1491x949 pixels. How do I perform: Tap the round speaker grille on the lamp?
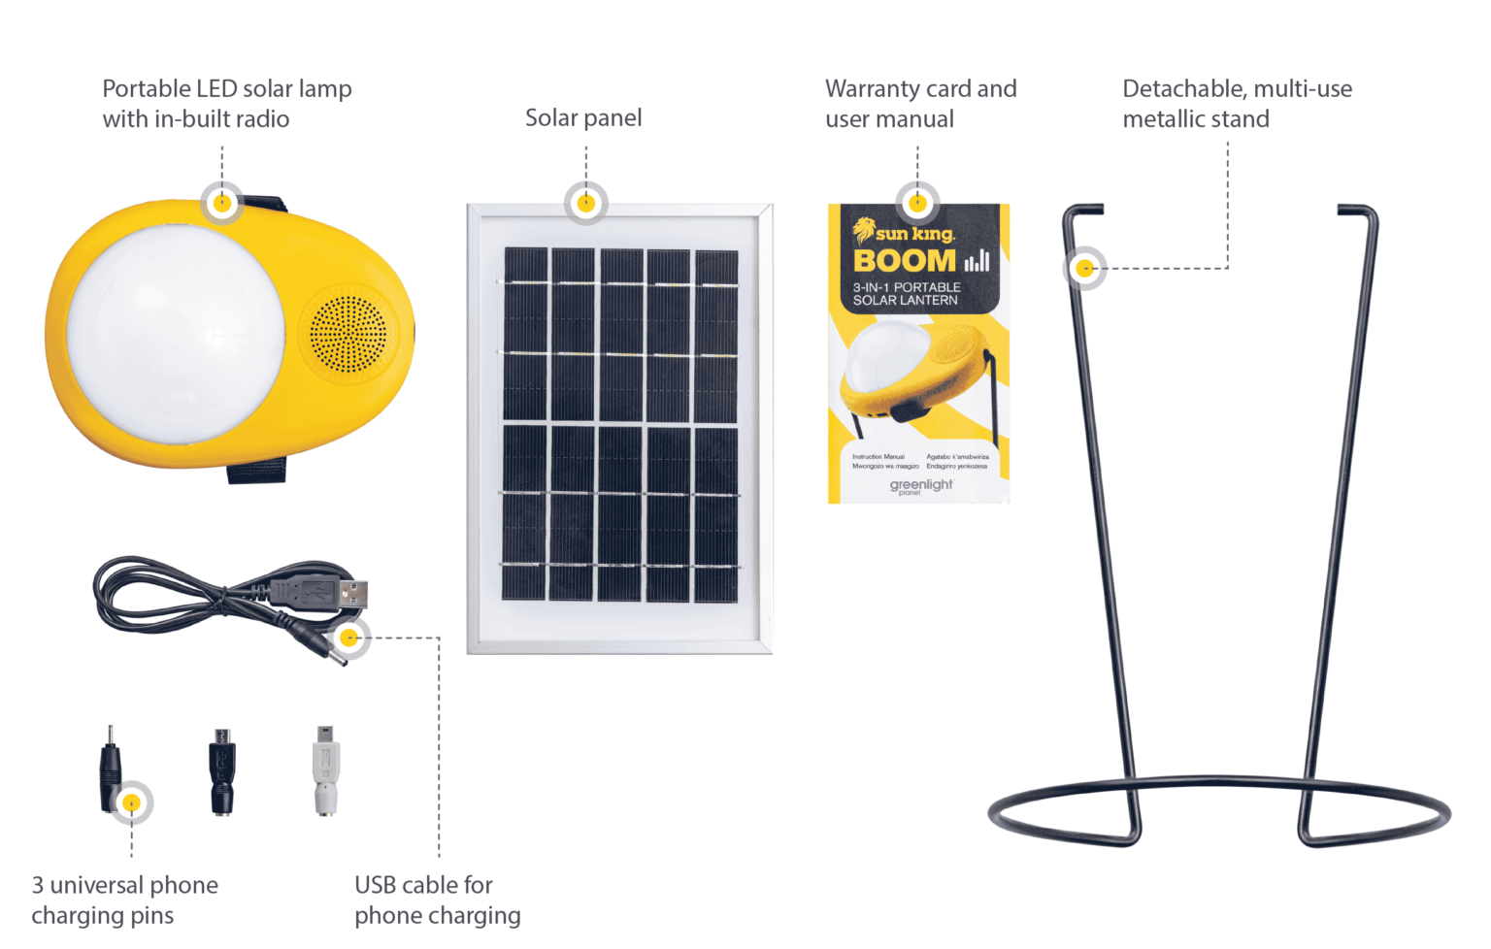pos(348,335)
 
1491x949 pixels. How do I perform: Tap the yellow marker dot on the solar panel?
pos(586,204)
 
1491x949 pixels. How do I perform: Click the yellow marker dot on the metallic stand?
pos(1085,269)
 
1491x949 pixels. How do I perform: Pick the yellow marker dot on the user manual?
pos(917,204)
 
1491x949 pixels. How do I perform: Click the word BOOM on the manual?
pos(904,261)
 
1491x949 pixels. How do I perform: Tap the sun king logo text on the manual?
pos(914,234)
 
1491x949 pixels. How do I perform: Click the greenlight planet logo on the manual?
pos(920,485)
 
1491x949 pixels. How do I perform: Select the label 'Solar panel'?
pos(583,118)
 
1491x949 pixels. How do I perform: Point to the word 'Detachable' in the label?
pos(1179,89)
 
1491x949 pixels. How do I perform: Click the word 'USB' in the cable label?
pos(376,885)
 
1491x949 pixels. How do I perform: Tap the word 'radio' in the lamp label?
pos(260,119)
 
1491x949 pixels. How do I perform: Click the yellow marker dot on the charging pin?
pos(131,802)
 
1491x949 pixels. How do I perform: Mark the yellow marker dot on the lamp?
pos(222,203)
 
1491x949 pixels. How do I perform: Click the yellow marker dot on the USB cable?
pos(349,638)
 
